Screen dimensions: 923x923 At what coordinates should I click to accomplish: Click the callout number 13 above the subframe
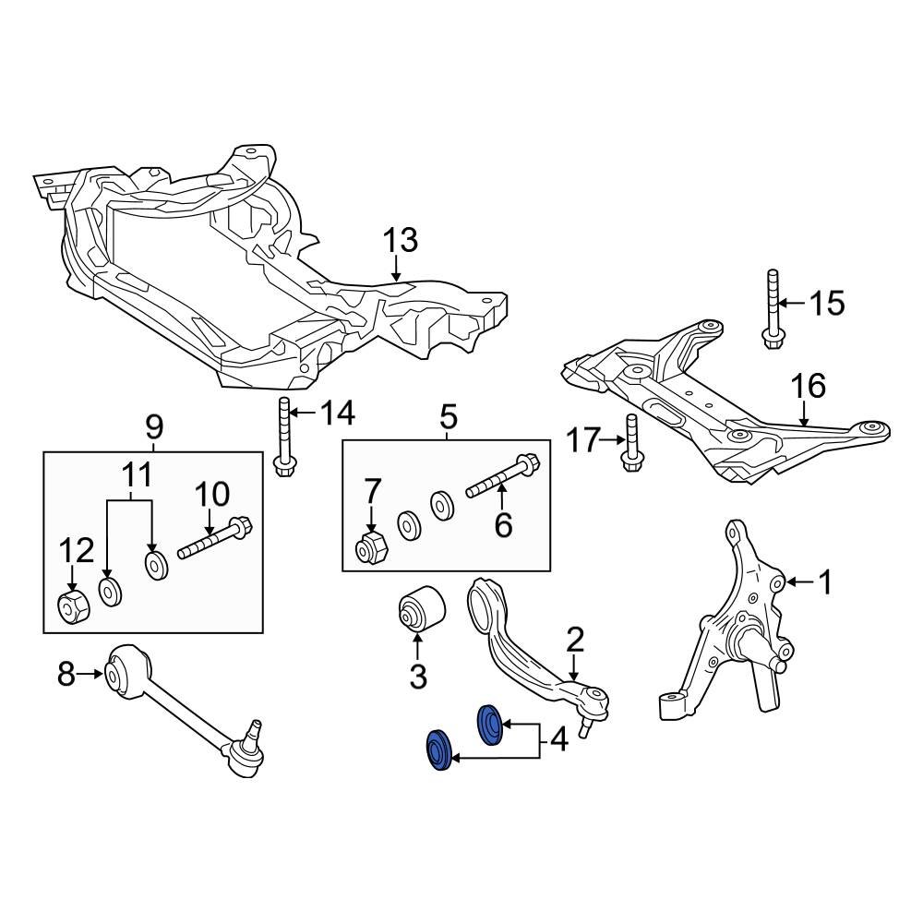click(x=401, y=241)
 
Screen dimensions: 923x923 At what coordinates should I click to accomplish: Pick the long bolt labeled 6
click(x=504, y=474)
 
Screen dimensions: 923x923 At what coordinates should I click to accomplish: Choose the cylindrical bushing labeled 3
click(x=421, y=611)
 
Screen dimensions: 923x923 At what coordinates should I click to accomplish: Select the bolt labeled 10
click(x=211, y=540)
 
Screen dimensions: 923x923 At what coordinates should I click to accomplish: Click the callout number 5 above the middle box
click(x=448, y=417)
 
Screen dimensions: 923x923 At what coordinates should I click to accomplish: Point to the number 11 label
click(x=137, y=477)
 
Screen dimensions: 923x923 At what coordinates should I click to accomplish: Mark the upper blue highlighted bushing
click(x=489, y=723)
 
